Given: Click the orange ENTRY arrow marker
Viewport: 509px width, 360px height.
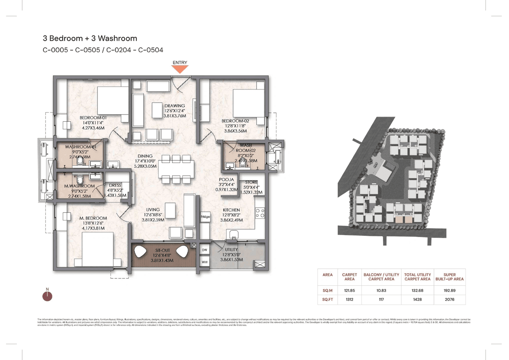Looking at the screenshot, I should (x=180, y=69).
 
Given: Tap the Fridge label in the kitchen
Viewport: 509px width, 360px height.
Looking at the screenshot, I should (x=205, y=217).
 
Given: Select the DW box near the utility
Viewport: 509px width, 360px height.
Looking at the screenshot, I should (x=205, y=250).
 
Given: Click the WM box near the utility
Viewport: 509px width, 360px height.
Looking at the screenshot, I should (x=205, y=262).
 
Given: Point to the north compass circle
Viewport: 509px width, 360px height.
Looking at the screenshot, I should (x=47, y=296).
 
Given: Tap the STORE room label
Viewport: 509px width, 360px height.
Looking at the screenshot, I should (x=251, y=182).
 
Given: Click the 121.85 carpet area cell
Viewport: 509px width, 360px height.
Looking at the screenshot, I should (x=349, y=290).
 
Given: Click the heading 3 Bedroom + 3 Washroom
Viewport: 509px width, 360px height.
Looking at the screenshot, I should (x=90, y=39).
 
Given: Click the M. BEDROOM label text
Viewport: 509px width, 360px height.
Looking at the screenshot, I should (x=93, y=218).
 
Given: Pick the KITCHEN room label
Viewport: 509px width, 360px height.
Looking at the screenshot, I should (x=231, y=210).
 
